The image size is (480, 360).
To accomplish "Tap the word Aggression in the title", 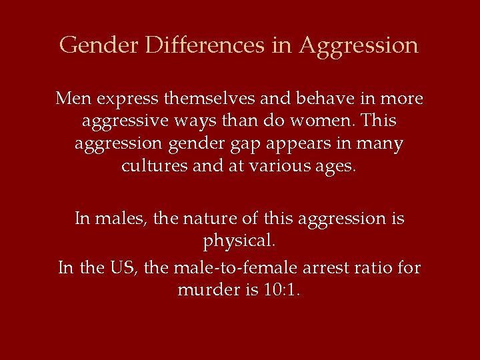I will [358, 46].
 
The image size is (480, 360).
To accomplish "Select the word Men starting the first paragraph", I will [73, 99].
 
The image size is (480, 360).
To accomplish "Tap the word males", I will [122, 219].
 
